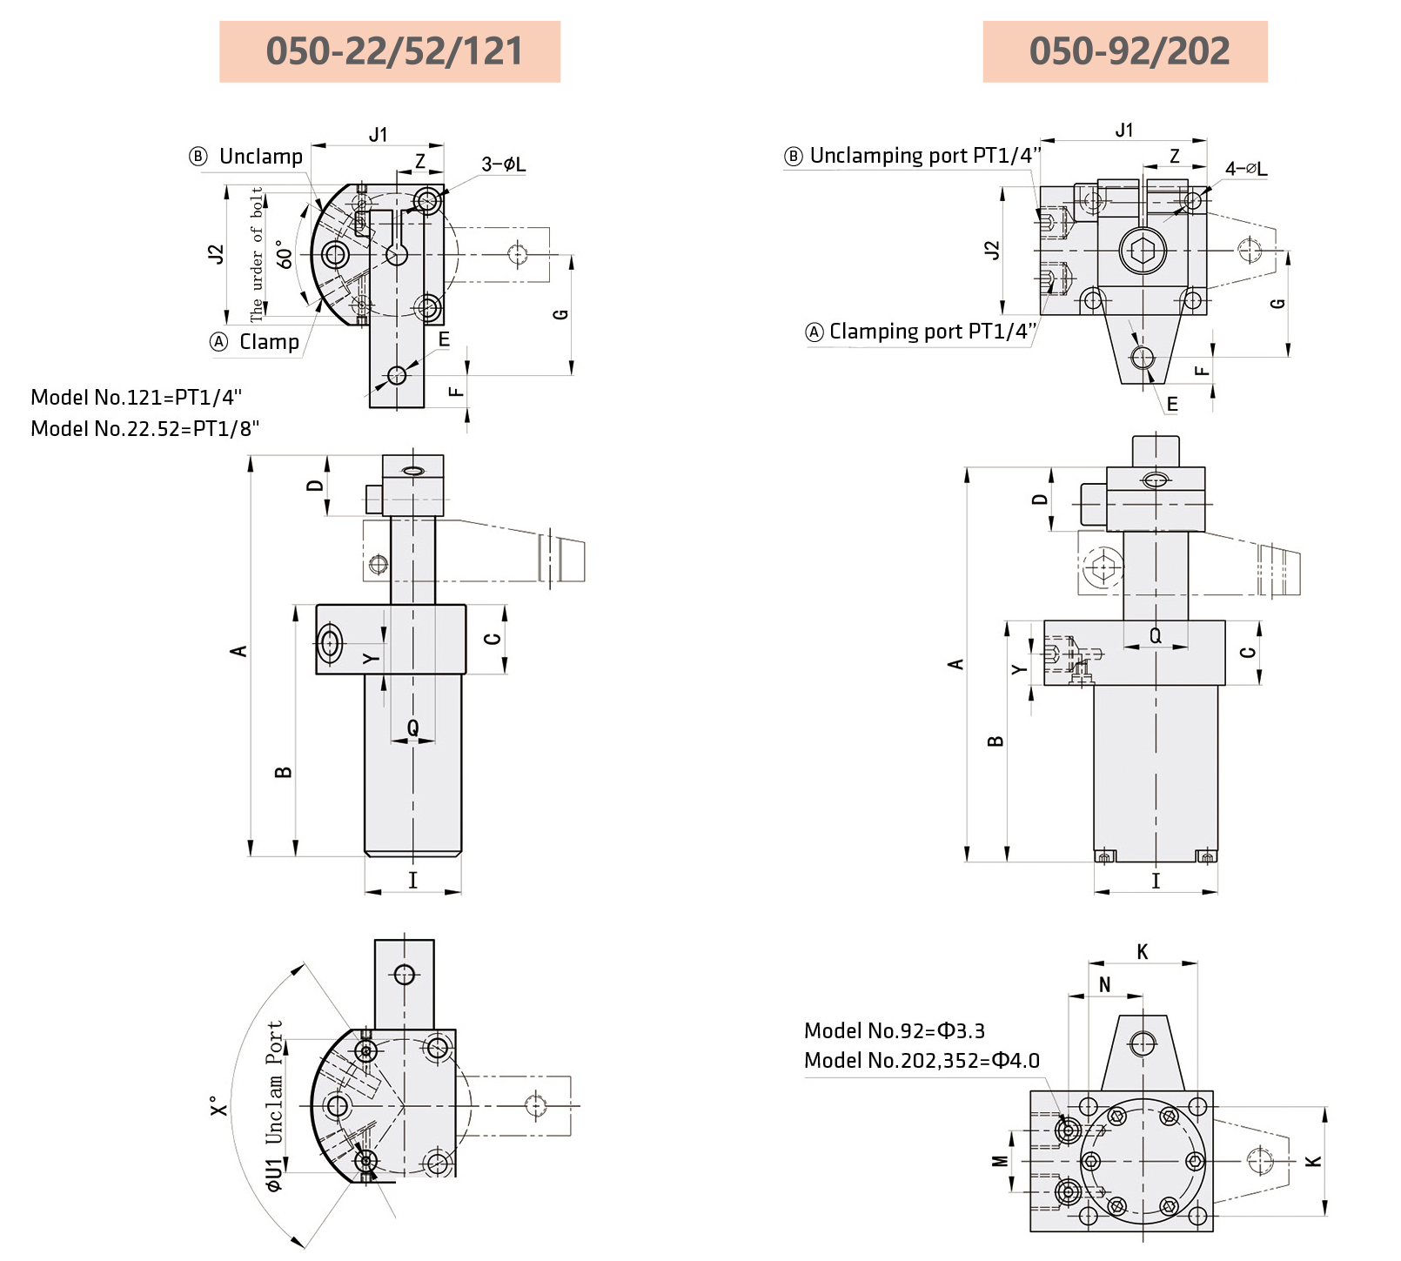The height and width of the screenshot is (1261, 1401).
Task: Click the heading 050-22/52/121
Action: (x=393, y=51)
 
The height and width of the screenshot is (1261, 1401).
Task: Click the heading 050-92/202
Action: (x=1129, y=51)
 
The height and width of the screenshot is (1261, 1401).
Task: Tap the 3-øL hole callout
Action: (x=503, y=164)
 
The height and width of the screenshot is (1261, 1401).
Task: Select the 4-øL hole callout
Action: (x=1245, y=169)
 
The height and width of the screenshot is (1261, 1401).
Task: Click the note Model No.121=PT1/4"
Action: (x=136, y=398)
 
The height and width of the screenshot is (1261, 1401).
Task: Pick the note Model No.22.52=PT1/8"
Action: (x=144, y=429)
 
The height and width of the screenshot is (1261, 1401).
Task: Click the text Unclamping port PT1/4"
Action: (x=924, y=156)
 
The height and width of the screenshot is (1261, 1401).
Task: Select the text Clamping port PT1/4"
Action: (x=932, y=332)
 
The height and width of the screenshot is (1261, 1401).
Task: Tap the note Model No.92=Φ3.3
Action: (x=894, y=1031)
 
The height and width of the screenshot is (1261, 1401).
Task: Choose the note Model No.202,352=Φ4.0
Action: (x=921, y=1061)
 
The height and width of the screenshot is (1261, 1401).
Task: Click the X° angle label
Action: (x=218, y=1105)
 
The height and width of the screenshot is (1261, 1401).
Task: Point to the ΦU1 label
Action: (x=274, y=1175)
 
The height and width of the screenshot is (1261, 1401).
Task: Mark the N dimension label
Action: (x=1104, y=985)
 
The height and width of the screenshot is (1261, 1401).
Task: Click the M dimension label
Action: (x=1000, y=1161)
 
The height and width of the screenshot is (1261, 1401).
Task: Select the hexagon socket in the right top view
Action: (x=1143, y=251)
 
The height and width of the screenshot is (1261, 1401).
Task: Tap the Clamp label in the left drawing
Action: (x=268, y=342)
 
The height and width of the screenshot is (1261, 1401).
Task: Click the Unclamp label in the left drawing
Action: (x=260, y=157)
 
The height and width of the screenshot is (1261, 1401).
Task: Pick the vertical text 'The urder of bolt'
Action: (x=257, y=254)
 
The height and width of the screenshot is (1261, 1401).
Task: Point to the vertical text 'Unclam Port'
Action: (x=274, y=1083)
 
